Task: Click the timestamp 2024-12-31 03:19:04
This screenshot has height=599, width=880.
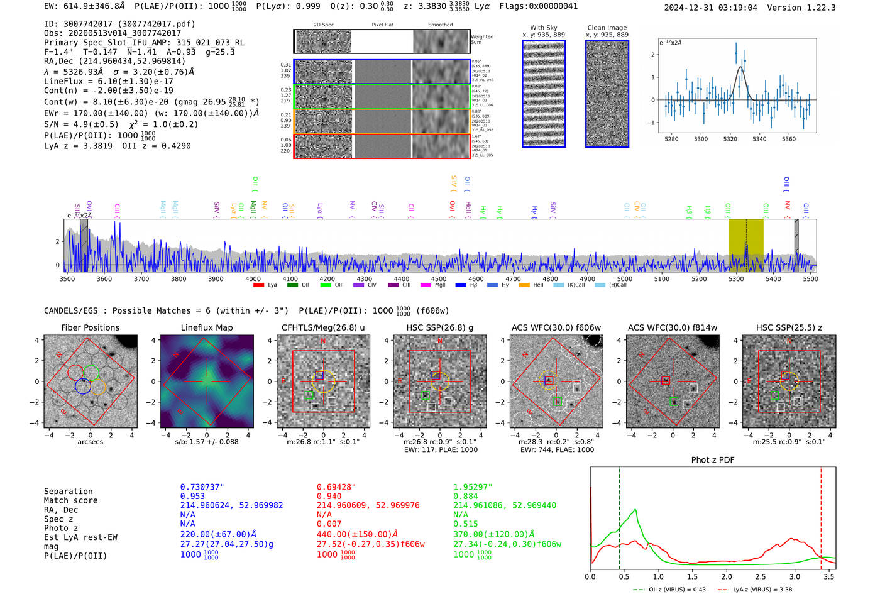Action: point(710,8)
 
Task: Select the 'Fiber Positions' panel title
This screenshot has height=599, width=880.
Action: point(90,327)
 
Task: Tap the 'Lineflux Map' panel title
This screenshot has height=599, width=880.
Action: point(206,327)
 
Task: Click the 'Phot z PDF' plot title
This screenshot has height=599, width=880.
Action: point(713,460)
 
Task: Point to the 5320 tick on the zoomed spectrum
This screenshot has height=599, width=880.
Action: point(730,139)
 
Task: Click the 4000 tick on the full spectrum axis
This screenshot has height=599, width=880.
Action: point(253,279)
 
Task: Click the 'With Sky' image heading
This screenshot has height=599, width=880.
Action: point(543,28)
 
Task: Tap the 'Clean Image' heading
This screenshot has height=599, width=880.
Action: point(607,28)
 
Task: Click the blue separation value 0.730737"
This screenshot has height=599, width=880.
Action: point(202,487)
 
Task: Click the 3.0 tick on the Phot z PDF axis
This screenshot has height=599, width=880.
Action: point(795,576)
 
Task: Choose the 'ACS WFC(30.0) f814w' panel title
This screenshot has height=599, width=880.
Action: point(672,327)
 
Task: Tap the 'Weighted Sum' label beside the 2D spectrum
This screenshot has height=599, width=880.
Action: point(481,40)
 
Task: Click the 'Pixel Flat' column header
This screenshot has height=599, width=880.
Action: point(382,25)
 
